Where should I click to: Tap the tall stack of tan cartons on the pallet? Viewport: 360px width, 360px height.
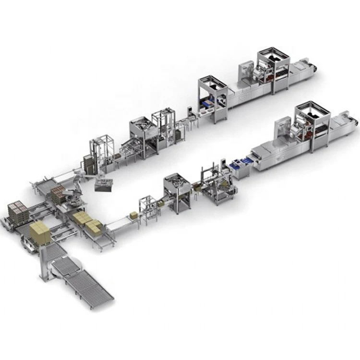(x=40, y=233)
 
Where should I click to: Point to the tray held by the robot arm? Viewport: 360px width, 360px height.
(x=103, y=185)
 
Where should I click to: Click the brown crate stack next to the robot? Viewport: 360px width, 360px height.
(x=58, y=193)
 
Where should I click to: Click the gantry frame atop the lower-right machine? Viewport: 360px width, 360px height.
(x=312, y=115)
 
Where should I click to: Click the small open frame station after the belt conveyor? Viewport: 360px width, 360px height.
(x=149, y=206)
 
